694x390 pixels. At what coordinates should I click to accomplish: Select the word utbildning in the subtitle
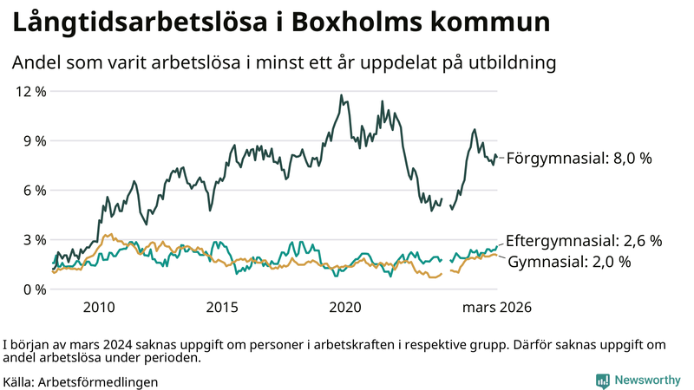(511, 63)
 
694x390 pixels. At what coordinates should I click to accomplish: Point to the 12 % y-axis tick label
(31, 91)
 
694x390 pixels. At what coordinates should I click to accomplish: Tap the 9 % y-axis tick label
(35, 140)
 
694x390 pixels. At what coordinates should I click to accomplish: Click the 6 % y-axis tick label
(35, 190)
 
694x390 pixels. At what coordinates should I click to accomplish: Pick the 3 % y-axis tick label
(35, 239)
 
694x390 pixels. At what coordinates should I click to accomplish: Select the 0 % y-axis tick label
(35, 289)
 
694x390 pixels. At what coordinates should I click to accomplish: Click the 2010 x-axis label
(99, 307)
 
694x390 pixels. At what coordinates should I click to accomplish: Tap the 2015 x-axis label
(222, 307)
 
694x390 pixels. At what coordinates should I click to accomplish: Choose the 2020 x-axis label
(346, 307)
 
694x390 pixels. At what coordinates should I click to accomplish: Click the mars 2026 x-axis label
(496, 307)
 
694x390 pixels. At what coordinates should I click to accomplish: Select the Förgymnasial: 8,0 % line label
(579, 159)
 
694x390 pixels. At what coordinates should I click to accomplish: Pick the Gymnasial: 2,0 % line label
(568, 261)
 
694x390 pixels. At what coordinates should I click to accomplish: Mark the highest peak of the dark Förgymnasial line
(341, 95)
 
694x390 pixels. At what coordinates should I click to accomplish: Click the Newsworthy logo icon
(602, 380)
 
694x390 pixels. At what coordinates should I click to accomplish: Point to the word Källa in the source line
(19, 380)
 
